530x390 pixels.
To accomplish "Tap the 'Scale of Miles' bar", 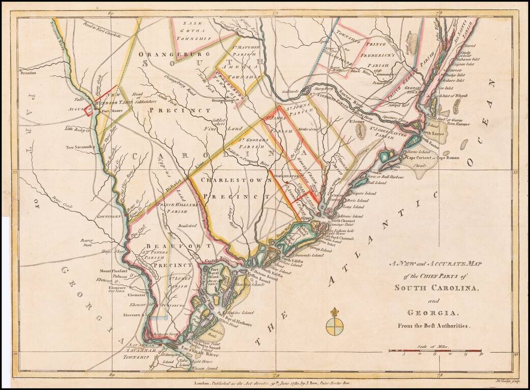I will pyautogui.click(x=435, y=350).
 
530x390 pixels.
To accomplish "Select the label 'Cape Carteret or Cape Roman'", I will pyautogui.click(x=432, y=158).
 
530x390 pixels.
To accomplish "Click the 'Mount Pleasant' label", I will pyautogui.click(x=112, y=271).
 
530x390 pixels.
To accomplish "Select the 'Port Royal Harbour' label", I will pyautogui.click(x=235, y=321).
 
